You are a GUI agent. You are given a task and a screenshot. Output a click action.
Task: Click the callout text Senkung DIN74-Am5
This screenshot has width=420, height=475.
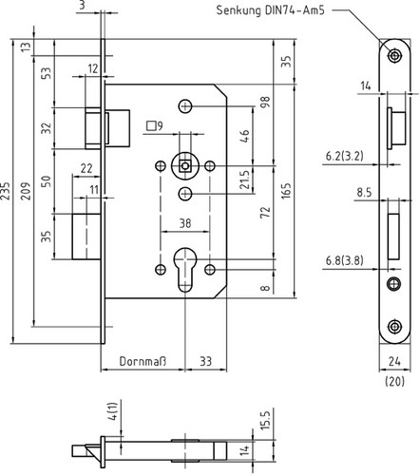(270, 10)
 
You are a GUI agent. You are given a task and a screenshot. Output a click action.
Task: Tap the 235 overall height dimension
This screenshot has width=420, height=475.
(6, 191)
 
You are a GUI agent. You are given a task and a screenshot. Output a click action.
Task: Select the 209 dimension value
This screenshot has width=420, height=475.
(26, 191)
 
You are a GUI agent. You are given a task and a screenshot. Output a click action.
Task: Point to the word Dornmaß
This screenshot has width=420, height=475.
(143, 361)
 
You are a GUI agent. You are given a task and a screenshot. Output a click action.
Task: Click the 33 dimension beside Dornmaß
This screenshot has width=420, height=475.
(206, 361)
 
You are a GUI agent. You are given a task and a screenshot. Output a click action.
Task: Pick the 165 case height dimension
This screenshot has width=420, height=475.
(286, 191)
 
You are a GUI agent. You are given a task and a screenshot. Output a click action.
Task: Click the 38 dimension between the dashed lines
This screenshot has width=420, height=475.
(185, 223)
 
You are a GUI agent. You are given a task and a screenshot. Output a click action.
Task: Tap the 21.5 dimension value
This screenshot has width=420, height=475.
(244, 180)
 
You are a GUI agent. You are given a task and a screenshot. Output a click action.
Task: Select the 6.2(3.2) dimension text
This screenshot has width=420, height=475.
(345, 156)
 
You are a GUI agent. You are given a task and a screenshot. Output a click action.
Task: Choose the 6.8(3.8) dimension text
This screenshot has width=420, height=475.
(345, 260)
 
